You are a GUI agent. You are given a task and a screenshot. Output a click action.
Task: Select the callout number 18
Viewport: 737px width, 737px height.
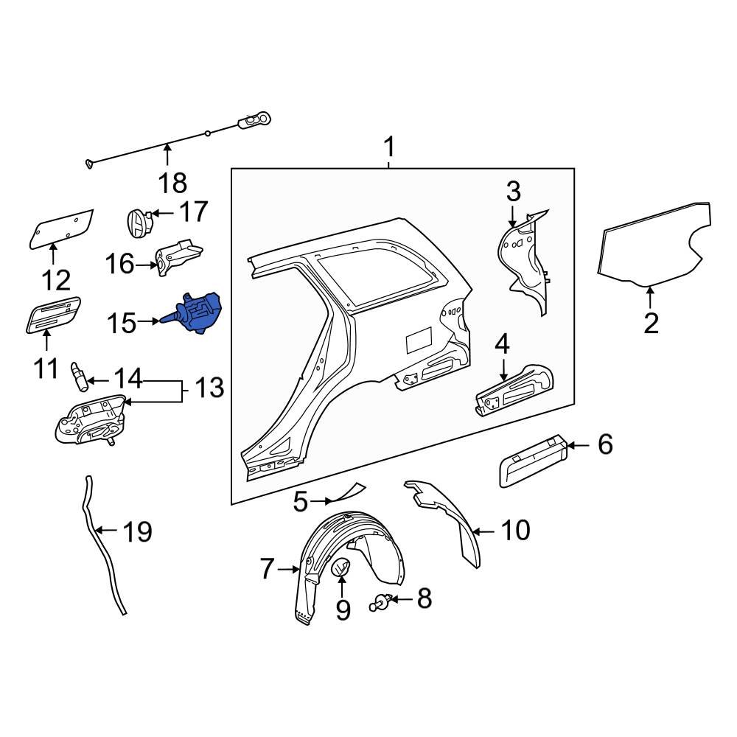(170, 182)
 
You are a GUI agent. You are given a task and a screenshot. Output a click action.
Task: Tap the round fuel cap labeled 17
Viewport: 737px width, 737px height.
(138, 223)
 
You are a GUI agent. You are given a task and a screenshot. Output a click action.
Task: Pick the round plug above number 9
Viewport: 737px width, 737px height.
(342, 568)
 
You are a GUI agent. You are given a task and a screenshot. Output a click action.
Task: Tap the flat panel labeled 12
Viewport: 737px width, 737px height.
(62, 228)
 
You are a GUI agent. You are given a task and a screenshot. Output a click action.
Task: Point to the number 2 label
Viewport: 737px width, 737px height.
(651, 323)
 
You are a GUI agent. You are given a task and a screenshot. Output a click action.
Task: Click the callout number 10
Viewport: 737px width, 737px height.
(515, 530)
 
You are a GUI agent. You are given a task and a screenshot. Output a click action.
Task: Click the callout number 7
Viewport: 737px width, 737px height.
(267, 568)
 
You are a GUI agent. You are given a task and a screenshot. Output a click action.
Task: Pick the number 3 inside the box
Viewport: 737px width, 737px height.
(513, 191)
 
